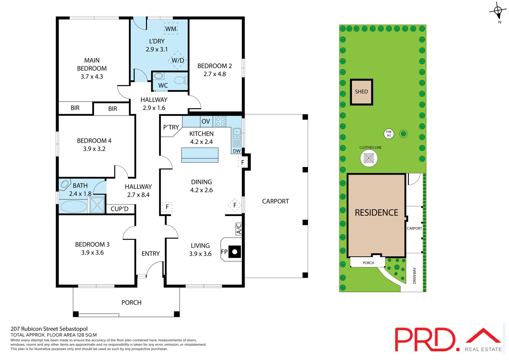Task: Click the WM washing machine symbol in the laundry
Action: (171, 29)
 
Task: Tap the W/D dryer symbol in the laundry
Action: (178, 60)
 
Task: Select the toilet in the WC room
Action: (180, 80)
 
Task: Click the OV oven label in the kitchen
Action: (206, 122)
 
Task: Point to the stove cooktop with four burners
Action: (220, 121)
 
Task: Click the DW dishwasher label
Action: (237, 151)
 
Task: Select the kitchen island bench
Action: (200, 155)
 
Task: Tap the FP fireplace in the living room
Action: (234, 252)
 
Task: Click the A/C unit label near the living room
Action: (239, 229)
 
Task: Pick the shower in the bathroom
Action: (97, 205)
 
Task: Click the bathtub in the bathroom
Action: (74, 206)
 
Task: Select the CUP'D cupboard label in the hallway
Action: (119, 209)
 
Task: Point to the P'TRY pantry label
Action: (171, 127)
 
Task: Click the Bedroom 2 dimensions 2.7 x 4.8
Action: (215, 74)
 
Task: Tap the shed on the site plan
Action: (361, 92)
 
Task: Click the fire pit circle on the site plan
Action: (389, 134)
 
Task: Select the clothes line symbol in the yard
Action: (369, 158)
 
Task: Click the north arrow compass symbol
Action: (498, 12)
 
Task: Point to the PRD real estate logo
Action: (448, 340)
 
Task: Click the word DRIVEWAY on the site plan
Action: (414, 276)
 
